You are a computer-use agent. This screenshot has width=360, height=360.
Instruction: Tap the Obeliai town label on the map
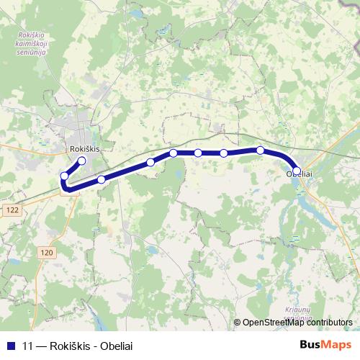tap(299, 175)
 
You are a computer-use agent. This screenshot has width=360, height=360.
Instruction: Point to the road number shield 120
tap(47, 253)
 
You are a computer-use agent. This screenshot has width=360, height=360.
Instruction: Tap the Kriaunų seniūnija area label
tap(297, 312)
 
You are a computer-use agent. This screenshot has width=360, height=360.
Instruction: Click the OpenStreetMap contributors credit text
tap(297, 323)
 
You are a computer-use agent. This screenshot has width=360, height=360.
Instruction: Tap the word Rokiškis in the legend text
tap(70, 345)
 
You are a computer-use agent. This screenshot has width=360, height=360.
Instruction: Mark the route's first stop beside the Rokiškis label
tap(82, 161)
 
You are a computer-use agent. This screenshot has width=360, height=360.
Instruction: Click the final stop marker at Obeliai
tap(297, 171)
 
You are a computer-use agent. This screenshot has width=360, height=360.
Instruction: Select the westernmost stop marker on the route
tap(65, 176)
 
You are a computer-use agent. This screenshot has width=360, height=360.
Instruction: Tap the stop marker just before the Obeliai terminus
tap(260, 150)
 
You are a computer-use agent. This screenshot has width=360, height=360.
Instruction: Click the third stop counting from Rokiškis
tap(102, 179)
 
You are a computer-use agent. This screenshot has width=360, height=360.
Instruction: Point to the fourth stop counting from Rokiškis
tap(150, 162)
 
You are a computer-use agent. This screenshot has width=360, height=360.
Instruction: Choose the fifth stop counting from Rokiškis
tap(174, 153)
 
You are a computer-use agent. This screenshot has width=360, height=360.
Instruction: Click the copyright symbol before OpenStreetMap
tap(238, 323)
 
